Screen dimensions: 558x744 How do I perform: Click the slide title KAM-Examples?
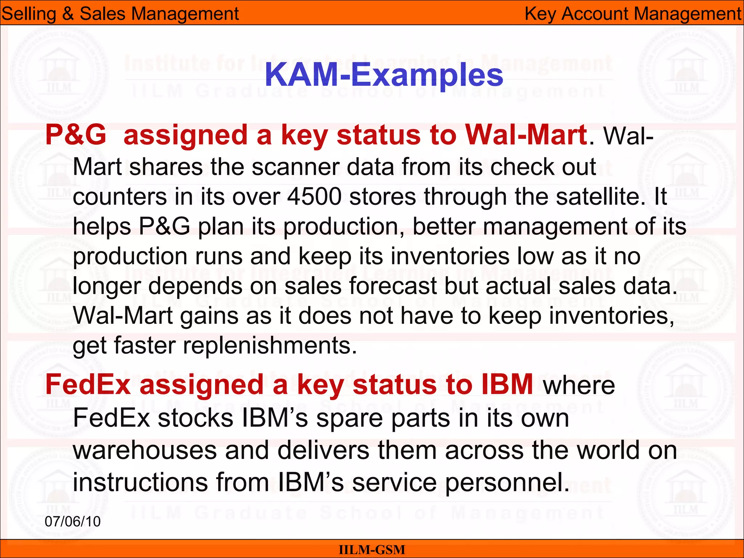[x=384, y=75]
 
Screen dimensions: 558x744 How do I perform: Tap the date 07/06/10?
[x=72, y=521]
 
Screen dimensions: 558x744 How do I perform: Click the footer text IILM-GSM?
[x=372, y=550]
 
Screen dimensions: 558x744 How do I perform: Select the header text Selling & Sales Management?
[x=120, y=14]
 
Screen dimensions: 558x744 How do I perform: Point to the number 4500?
[x=314, y=197]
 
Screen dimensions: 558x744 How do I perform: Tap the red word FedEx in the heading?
[x=88, y=385]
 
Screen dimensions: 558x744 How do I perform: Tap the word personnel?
[x=507, y=482]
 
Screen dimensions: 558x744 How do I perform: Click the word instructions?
[x=140, y=482]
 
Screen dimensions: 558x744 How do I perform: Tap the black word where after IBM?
[x=579, y=385]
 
